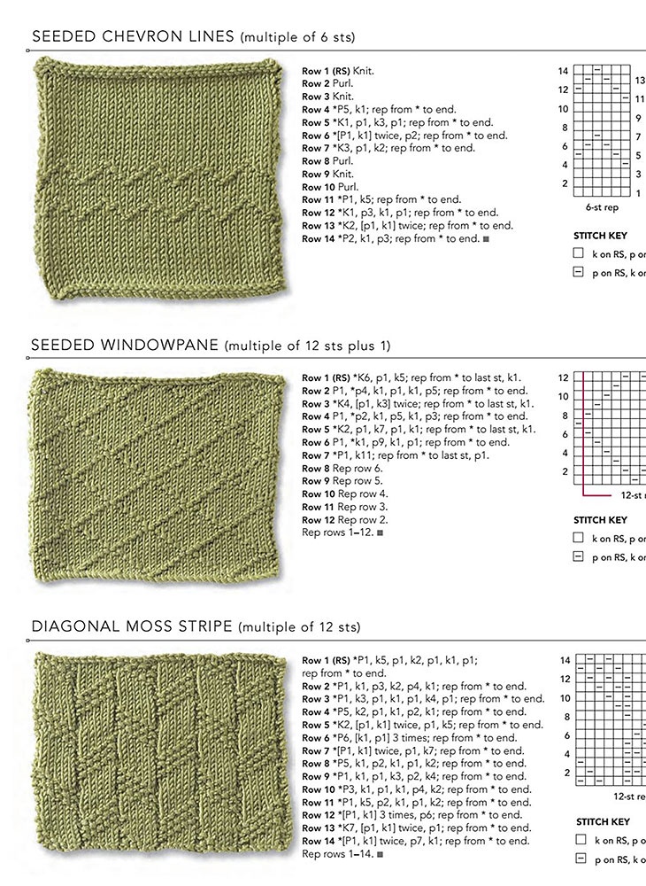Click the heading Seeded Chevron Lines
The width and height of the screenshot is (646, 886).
tap(133, 36)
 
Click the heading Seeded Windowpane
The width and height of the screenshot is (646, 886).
tap(128, 345)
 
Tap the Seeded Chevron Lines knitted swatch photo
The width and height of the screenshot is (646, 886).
tap(161, 178)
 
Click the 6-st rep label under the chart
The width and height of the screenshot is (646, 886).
tap(602, 207)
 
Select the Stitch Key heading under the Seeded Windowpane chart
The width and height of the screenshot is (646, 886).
tap(601, 520)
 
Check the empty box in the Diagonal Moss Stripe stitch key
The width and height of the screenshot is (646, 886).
tap(581, 839)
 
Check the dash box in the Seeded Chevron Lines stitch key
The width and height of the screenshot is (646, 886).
tap(579, 273)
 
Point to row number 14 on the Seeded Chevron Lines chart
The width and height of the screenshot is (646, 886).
tap(563, 70)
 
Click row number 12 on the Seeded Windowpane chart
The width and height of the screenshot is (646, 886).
tap(563, 377)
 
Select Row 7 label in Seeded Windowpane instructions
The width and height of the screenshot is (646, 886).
tap(317, 455)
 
